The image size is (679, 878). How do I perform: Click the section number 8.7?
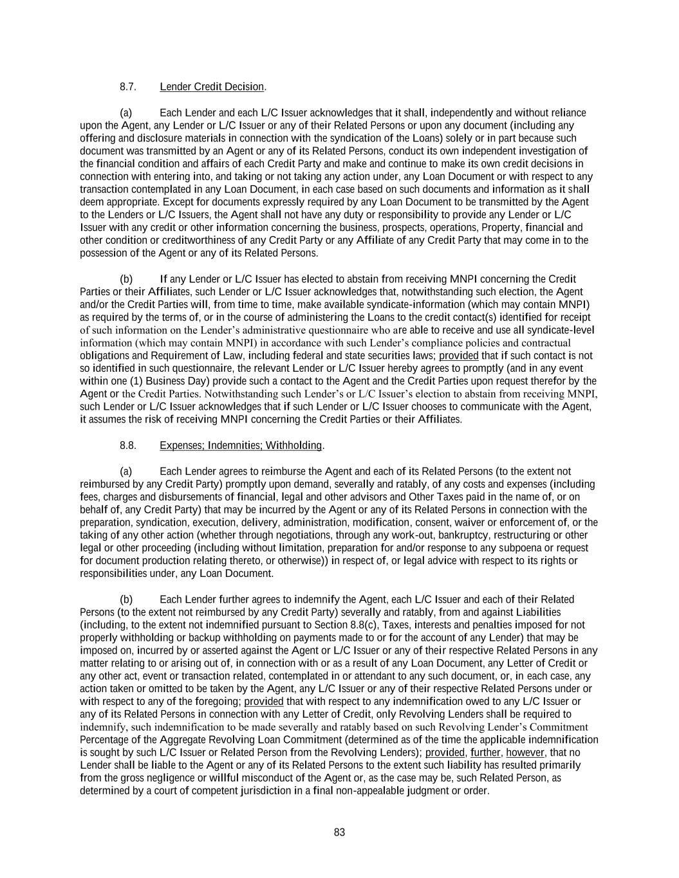(x=127, y=87)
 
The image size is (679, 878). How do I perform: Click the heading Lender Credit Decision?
(x=212, y=87)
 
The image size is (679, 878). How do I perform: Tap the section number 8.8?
(x=127, y=446)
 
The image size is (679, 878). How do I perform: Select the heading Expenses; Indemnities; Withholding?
(x=240, y=446)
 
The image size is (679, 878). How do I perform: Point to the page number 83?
(x=340, y=832)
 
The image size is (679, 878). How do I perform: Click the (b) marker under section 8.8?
(x=126, y=599)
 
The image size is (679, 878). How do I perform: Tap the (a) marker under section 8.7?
(x=126, y=113)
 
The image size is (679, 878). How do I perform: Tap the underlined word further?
(x=486, y=753)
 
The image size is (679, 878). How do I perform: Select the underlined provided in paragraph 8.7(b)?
(x=458, y=356)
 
